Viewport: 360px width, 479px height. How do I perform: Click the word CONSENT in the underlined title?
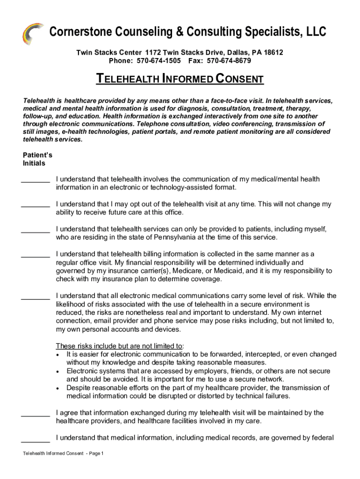click(x=240, y=79)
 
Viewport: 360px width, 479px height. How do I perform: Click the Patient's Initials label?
click(x=34, y=159)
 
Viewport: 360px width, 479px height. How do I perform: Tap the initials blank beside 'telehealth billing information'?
click(x=36, y=255)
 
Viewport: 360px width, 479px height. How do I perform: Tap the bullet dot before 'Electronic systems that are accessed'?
click(x=57, y=371)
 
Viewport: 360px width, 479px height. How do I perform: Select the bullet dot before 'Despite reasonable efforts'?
click(x=57, y=388)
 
